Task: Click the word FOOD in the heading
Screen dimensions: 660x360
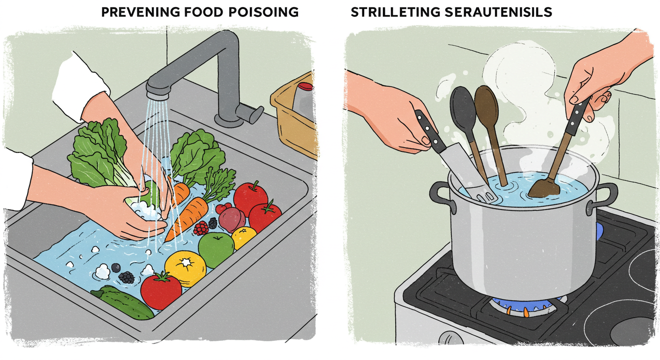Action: click(x=203, y=12)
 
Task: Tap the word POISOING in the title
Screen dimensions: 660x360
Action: click(x=263, y=12)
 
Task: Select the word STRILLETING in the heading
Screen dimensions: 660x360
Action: click(x=395, y=12)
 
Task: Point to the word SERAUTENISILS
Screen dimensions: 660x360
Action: click(x=498, y=12)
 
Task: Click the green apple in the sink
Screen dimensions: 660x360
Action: click(x=216, y=249)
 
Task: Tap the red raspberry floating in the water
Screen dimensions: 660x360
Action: click(x=201, y=228)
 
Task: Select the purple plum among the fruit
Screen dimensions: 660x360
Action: click(x=232, y=219)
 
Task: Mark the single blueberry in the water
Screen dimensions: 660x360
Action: click(x=116, y=268)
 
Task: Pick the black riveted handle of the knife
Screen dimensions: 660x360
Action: click(x=431, y=131)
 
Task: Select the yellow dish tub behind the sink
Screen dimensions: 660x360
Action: click(x=295, y=118)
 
